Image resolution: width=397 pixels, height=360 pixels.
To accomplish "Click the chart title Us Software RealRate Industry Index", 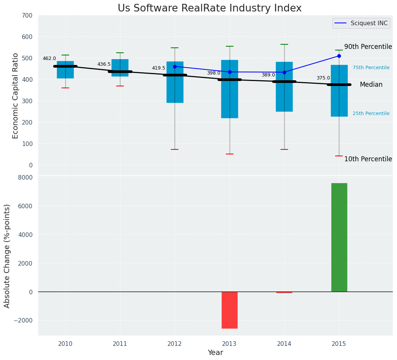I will (x=209, y=8).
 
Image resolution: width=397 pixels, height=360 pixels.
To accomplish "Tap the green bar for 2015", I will (x=339, y=237).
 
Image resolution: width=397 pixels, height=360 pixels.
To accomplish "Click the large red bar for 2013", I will (x=230, y=310).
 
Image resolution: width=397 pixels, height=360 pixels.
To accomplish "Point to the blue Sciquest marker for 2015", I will (x=339, y=56).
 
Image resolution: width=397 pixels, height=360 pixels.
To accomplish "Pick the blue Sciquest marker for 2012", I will (x=175, y=66).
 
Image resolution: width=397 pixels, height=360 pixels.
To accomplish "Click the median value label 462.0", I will (x=49, y=58).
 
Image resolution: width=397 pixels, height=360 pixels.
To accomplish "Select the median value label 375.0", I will (x=323, y=78).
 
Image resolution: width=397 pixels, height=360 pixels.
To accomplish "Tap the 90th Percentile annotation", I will (x=368, y=47).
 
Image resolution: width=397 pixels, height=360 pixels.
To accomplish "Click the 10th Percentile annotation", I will (x=368, y=159).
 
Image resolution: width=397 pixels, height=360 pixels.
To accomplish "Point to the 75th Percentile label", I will (x=371, y=68).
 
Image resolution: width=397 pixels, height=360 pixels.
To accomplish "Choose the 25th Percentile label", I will (x=371, y=114).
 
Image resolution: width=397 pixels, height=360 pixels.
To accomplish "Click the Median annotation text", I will (x=371, y=85).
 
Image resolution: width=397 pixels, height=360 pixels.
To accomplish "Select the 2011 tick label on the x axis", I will (x=120, y=344).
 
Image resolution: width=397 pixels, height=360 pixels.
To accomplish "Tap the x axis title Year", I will (x=216, y=353).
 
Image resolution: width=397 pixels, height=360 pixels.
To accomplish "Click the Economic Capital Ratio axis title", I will (x=15, y=96).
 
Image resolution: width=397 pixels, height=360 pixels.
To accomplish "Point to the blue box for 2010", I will (x=65, y=70).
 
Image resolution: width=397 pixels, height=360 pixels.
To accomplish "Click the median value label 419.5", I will (x=159, y=68).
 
